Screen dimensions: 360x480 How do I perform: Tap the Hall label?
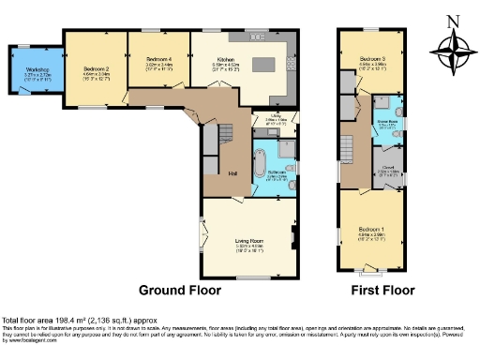click(232, 172)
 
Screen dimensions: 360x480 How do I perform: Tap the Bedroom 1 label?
click(378, 229)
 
